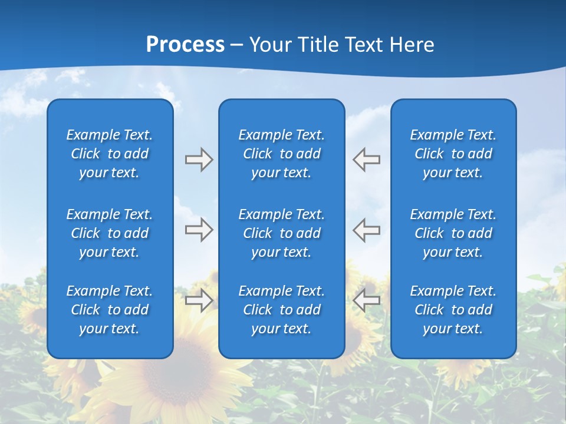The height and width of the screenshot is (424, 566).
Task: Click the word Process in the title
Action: pyautogui.click(x=185, y=45)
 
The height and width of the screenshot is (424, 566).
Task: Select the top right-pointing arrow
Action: pyautogui.click(x=199, y=160)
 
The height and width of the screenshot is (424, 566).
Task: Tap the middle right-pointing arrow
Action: pyautogui.click(x=199, y=230)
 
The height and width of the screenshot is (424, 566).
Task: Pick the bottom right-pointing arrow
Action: pyautogui.click(x=199, y=300)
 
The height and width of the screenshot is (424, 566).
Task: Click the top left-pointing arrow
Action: pyautogui.click(x=367, y=160)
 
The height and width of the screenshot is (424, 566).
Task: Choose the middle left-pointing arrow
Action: pyautogui.click(x=367, y=230)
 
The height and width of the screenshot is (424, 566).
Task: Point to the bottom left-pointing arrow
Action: pyautogui.click(x=367, y=300)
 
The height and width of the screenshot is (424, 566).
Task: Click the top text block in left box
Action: pyautogui.click(x=110, y=154)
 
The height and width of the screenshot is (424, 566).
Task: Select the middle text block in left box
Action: pyautogui.click(x=110, y=233)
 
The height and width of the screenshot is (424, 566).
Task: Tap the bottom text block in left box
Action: pyautogui.click(x=110, y=310)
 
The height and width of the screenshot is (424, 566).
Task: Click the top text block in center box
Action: pyautogui.click(x=281, y=154)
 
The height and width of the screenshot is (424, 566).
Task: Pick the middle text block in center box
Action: pyautogui.click(x=281, y=233)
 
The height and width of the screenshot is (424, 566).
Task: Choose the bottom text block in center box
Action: pyautogui.click(x=281, y=310)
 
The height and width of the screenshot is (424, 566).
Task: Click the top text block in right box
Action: pyautogui.click(x=453, y=154)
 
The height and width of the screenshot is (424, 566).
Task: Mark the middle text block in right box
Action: pyautogui.click(x=453, y=233)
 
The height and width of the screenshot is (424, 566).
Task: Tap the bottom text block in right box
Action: pyautogui.click(x=453, y=310)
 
